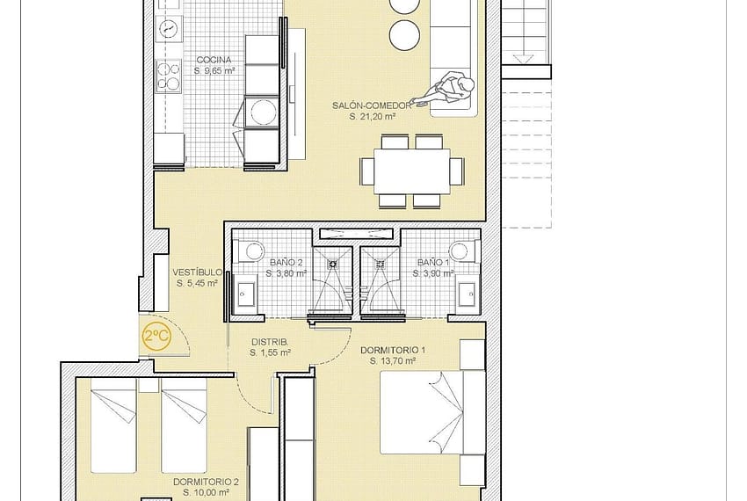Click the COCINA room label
click(214, 60)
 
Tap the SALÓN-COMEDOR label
click(371, 105)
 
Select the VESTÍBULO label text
click(197, 272)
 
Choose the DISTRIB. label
click(270, 342)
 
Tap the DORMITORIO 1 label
click(393, 351)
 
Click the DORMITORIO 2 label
click(206, 482)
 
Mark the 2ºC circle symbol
click(156, 337)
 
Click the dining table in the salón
click(411, 171)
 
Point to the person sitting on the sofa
click(445, 91)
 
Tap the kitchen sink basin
click(169, 29)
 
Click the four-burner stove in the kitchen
click(169, 76)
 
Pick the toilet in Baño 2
click(250, 251)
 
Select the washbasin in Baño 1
click(467, 294)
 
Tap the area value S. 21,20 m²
click(373, 116)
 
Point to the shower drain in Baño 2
click(332, 264)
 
